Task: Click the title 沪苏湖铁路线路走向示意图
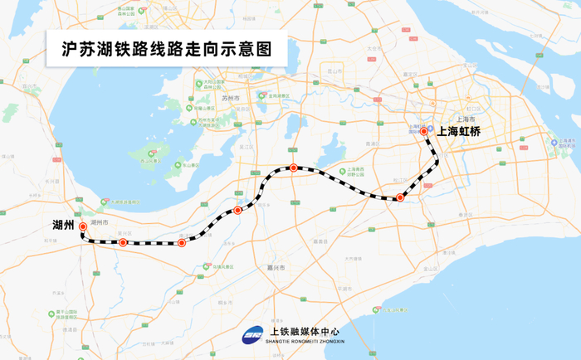click(167, 49)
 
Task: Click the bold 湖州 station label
click(63, 225)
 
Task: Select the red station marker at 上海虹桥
click(424, 131)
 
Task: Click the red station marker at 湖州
click(82, 225)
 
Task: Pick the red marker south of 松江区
click(400, 197)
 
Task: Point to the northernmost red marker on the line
click(293, 168)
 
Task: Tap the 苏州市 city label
click(231, 99)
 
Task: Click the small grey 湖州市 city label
click(100, 223)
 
